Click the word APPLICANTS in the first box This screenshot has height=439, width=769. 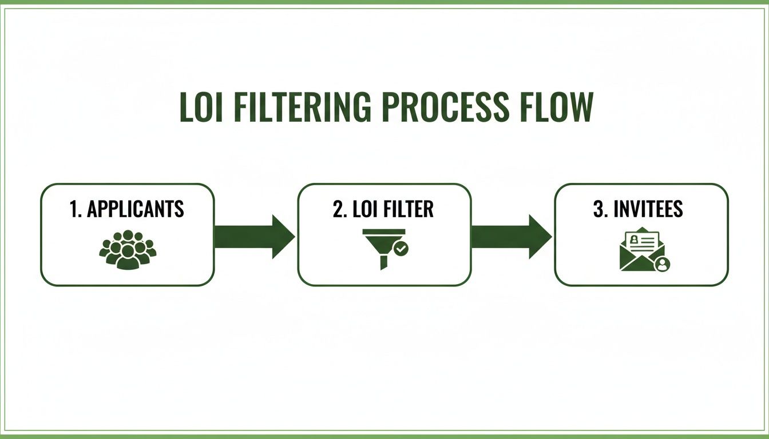pos(135,209)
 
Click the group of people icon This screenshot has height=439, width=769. pos(128,250)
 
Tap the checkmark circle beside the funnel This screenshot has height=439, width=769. pos(402,249)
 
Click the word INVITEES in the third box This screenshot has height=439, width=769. pos(648,209)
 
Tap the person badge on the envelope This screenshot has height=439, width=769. pos(662,264)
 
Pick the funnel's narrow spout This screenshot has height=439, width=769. pos(383,261)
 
